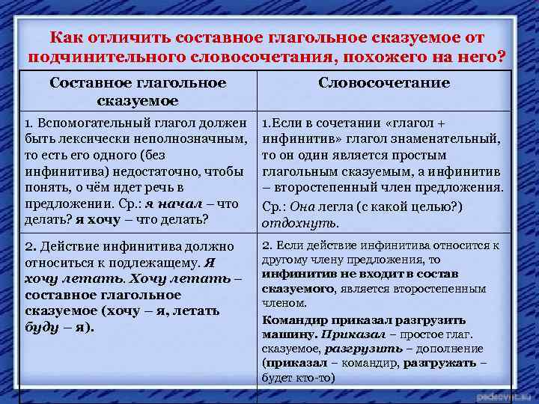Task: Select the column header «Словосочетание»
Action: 384,82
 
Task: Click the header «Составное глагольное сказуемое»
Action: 137,91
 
